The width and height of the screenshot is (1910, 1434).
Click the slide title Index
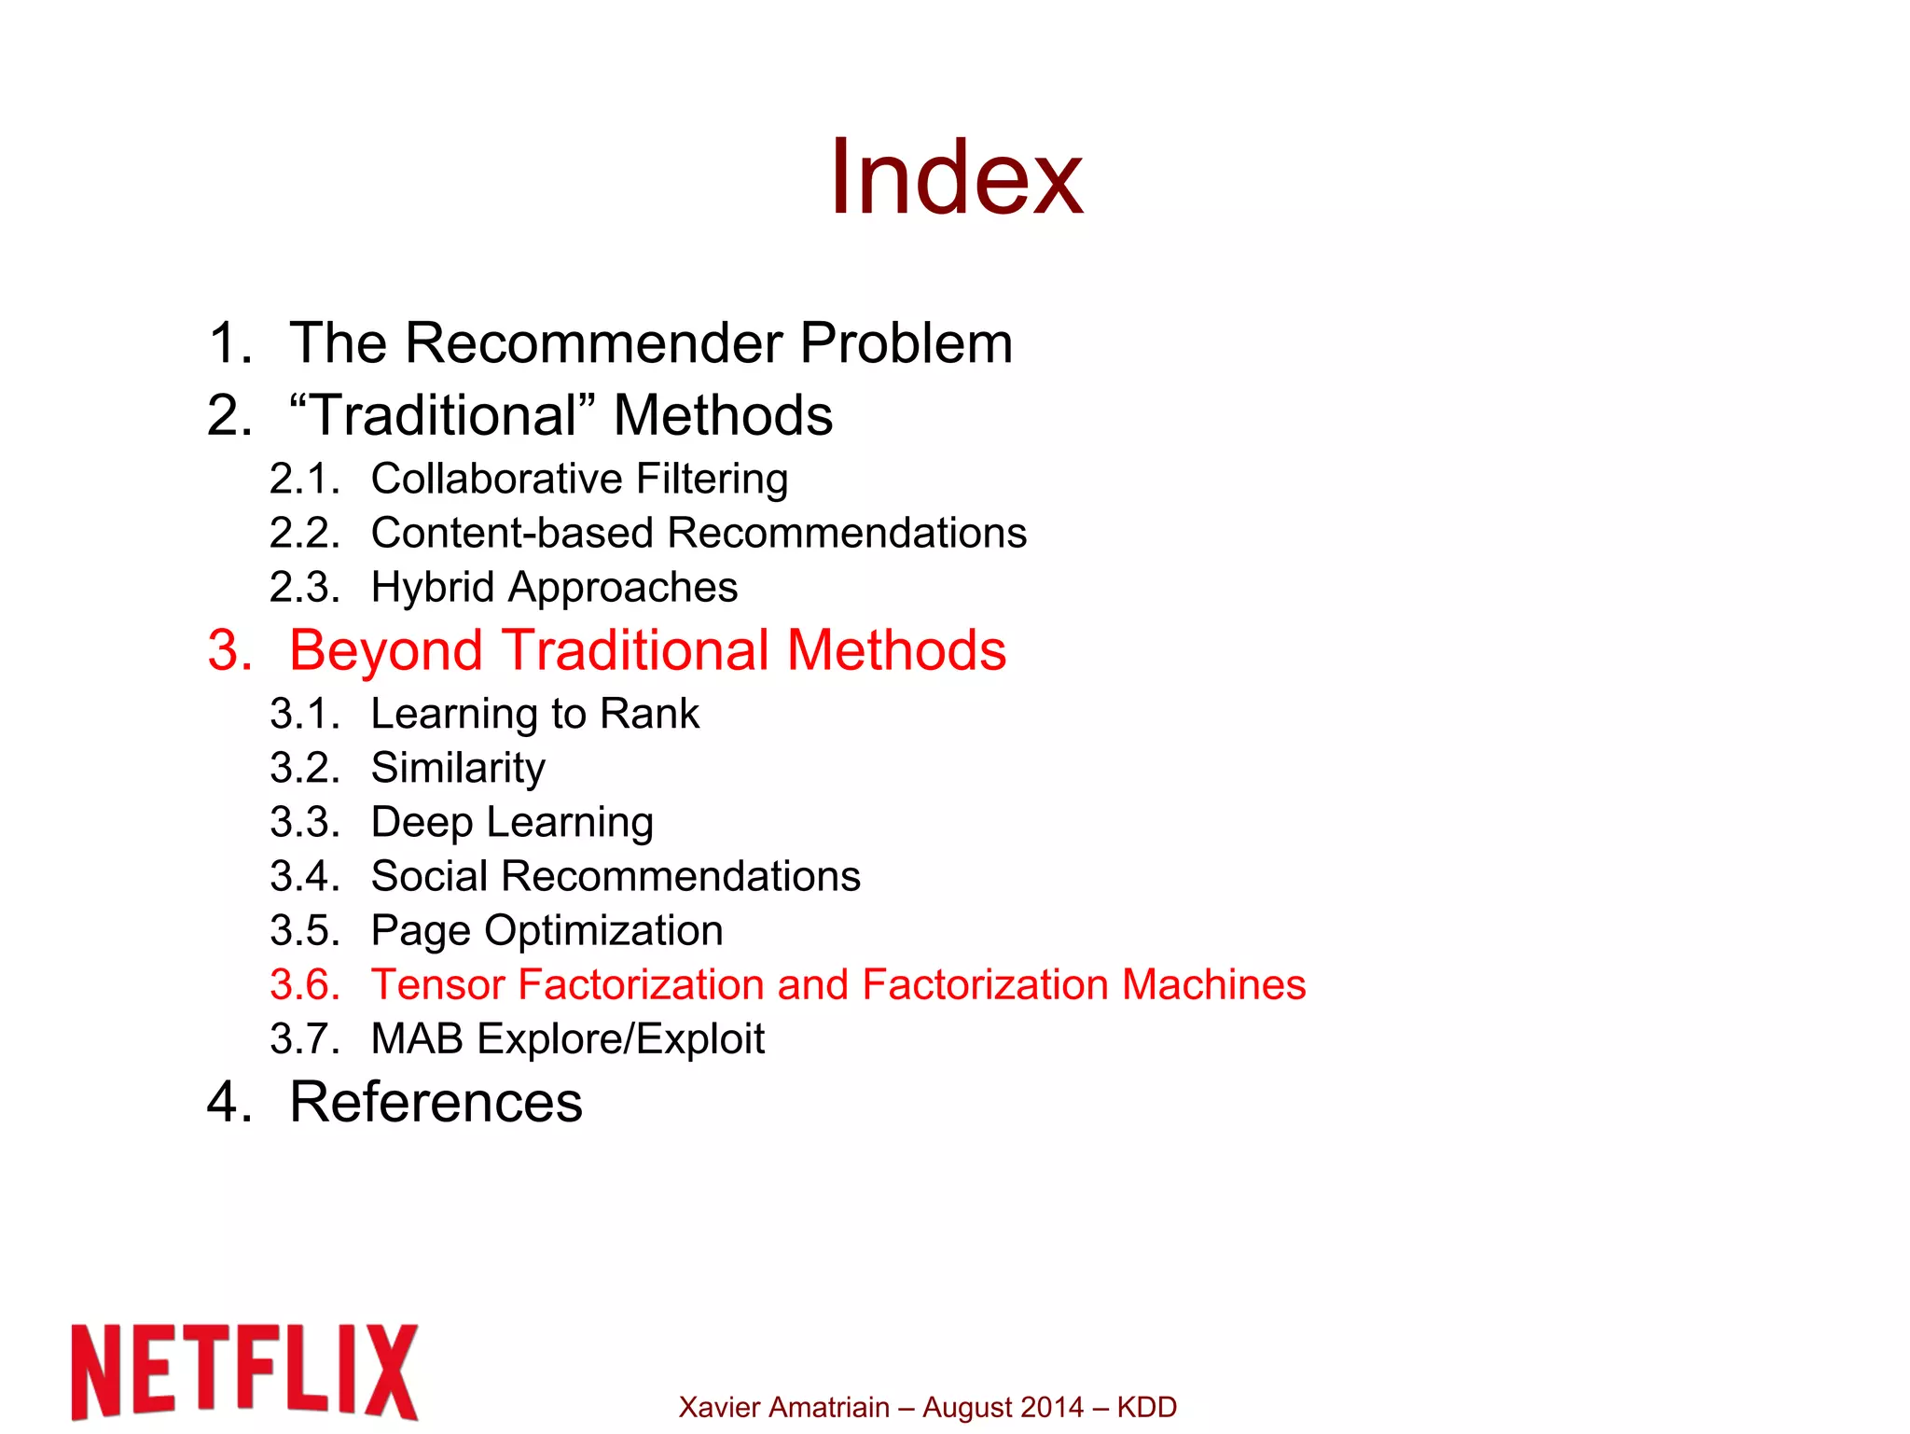pyautogui.click(x=956, y=177)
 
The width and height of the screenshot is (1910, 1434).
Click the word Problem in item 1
pyautogui.click(x=906, y=342)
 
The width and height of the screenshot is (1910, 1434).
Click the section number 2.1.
pyautogui.click(x=304, y=479)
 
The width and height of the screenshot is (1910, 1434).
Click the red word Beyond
pyautogui.click(x=385, y=650)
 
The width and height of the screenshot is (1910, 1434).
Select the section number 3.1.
pyautogui.click(x=304, y=714)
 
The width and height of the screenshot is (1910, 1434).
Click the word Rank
pyautogui.click(x=649, y=714)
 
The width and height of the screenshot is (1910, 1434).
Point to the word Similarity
pyautogui.click(x=458, y=769)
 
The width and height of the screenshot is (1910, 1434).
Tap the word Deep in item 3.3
pyautogui.click(x=422, y=823)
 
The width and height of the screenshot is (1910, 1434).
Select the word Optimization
pyautogui.click(x=603, y=931)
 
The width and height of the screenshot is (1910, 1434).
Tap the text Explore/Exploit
pyautogui.click(x=620, y=1039)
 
